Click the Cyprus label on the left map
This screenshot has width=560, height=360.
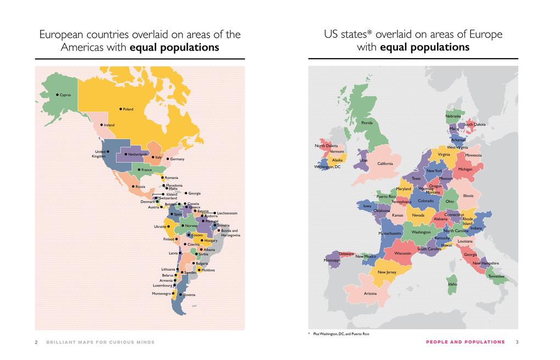(x=65, y=95)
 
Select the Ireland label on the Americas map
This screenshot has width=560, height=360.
(x=109, y=125)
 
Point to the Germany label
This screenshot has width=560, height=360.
(x=177, y=159)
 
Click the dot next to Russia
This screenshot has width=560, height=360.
(x=132, y=187)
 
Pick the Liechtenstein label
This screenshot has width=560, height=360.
(x=227, y=213)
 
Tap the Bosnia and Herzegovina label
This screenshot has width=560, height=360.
(x=230, y=233)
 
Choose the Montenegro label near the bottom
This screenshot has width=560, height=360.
(x=161, y=294)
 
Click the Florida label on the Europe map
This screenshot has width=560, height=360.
(x=367, y=123)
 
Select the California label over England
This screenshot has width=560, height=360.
(x=385, y=164)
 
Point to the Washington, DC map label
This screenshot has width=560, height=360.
(x=327, y=167)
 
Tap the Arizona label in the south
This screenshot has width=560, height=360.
(x=370, y=294)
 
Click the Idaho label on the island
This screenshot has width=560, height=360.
(x=452, y=284)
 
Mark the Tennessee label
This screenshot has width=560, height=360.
(x=496, y=276)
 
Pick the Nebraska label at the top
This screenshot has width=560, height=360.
(x=453, y=116)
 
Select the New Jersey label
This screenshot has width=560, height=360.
(x=387, y=272)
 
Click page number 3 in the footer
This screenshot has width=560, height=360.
(x=517, y=342)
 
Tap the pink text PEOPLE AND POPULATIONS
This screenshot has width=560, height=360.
(x=465, y=342)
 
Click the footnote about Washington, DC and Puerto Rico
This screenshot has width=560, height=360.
(x=341, y=334)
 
